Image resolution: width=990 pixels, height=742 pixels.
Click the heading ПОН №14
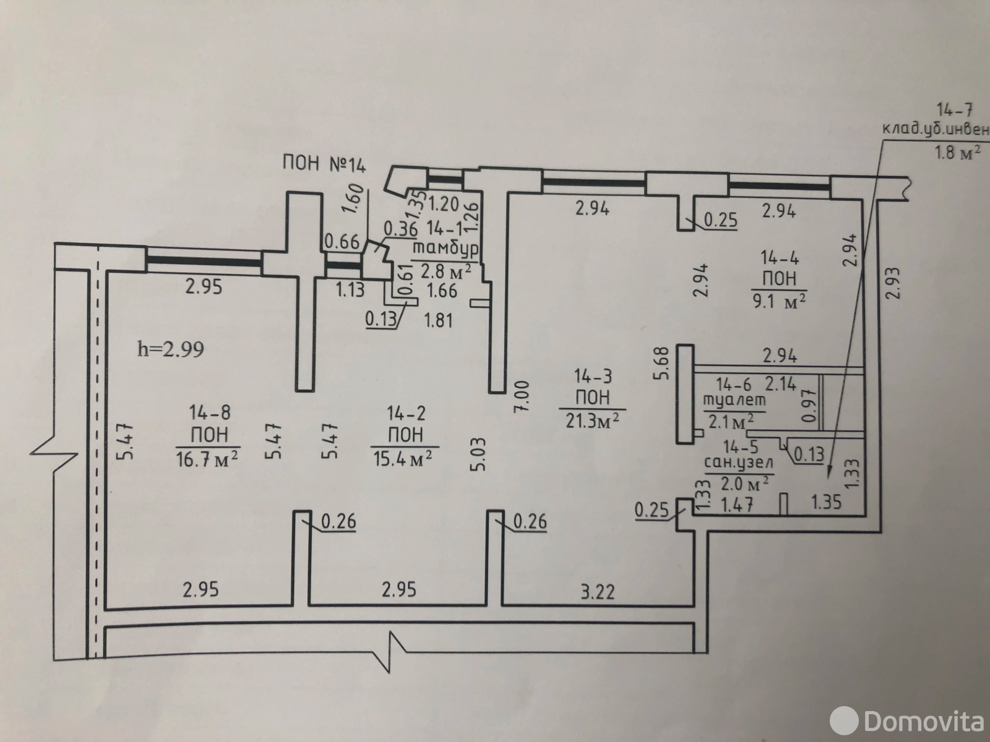click(x=325, y=163)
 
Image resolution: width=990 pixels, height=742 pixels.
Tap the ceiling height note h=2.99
click(x=170, y=349)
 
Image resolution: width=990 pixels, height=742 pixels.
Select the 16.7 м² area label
click(x=207, y=458)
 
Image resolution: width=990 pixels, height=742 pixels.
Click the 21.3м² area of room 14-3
click(x=592, y=420)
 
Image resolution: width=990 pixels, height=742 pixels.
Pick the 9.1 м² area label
click(x=779, y=301)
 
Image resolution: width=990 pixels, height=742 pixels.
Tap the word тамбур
click(x=445, y=249)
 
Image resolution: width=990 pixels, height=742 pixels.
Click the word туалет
click(x=734, y=400)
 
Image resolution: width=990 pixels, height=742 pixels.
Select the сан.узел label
click(x=739, y=463)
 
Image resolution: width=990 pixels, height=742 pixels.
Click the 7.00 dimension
click(x=522, y=396)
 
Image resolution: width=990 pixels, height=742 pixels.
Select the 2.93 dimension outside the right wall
click(x=893, y=283)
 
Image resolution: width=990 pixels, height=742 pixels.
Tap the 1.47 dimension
click(x=737, y=503)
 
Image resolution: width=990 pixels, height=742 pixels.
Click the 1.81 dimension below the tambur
click(x=438, y=321)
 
